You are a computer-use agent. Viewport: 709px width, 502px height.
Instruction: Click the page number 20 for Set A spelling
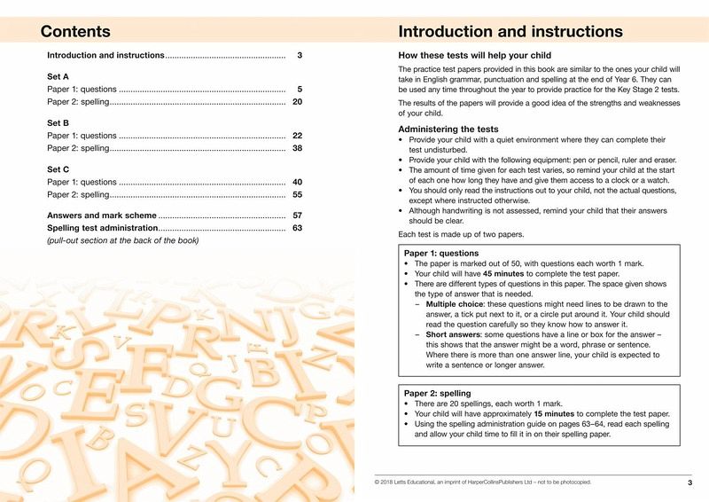click(x=298, y=102)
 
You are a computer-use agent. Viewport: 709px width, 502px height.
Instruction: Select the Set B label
click(x=58, y=122)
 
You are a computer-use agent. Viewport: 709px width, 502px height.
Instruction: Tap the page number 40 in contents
click(x=298, y=182)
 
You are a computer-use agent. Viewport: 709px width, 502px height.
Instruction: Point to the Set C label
click(x=58, y=169)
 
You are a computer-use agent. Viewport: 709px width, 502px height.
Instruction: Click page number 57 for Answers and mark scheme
click(x=298, y=216)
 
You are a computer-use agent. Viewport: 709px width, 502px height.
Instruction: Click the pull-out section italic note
click(x=122, y=240)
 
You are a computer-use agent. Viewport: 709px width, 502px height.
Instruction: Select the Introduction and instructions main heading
click(x=510, y=32)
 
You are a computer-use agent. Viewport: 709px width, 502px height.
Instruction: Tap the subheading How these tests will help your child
click(x=475, y=56)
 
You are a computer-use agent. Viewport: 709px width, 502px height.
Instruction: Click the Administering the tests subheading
click(x=443, y=129)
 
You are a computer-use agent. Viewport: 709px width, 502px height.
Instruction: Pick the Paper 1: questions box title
click(x=441, y=253)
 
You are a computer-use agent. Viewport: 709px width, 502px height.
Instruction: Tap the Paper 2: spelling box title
click(x=437, y=393)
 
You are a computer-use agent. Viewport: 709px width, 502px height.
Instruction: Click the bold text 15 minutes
click(x=553, y=414)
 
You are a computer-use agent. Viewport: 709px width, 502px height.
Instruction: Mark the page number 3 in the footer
click(x=690, y=482)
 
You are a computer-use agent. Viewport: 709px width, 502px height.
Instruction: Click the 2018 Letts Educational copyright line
click(x=483, y=482)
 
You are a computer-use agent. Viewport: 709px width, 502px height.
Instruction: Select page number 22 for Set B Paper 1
click(x=298, y=136)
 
